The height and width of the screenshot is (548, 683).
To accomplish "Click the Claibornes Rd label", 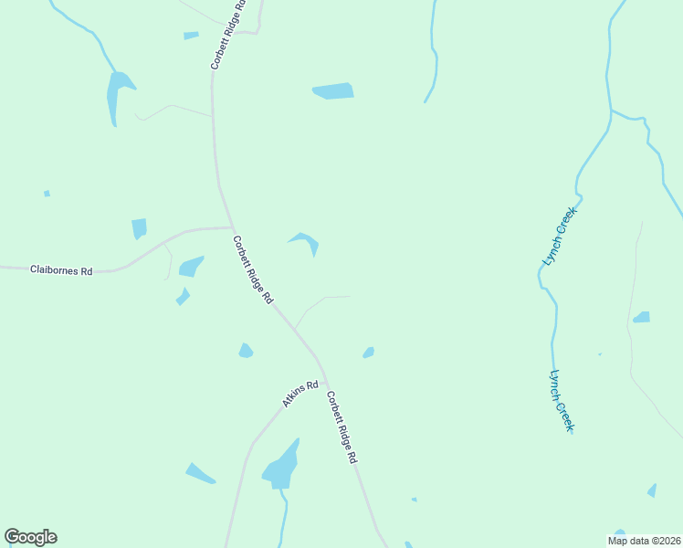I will [x=62, y=270].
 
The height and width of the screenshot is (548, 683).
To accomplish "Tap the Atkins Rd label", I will [x=299, y=394].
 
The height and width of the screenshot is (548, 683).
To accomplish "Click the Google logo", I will [x=31, y=537].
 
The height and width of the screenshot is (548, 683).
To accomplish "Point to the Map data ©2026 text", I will [x=643, y=541].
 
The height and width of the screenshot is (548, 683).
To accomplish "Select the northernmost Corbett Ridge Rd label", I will [x=228, y=35].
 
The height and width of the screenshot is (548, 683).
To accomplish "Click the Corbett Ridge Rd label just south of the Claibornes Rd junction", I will [x=253, y=270].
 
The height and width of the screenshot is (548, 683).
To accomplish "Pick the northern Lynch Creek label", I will [x=561, y=236].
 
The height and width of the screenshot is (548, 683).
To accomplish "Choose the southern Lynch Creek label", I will [x=562, y=400].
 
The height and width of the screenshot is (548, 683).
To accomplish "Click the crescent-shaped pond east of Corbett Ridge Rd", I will [x=307, y=241].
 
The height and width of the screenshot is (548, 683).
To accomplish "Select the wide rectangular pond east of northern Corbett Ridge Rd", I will [x=333, y=91].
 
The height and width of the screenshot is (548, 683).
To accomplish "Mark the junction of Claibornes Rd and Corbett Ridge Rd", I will [x=233, y=227].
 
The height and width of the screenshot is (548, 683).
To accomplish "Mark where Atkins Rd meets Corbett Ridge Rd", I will [x=325, y=382].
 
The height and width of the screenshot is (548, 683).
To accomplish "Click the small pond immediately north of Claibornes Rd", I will [x=139, y=228].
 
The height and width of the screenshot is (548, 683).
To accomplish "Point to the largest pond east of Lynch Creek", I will [x=642, y=318].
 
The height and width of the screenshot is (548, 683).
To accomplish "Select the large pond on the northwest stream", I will [x=118, y=93].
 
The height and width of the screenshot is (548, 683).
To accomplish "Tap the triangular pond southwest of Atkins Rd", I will [x=199, y=473].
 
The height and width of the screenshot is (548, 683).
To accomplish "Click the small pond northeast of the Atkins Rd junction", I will [x=369, y=353].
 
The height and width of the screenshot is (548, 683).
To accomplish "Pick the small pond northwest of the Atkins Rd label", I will [x=245, y=351].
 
